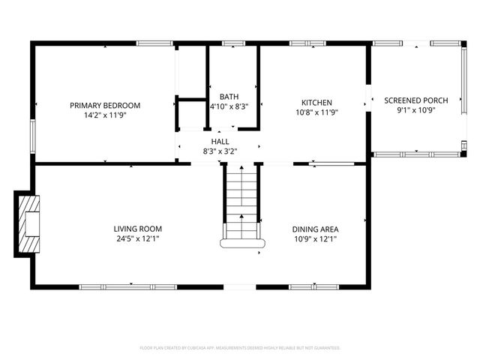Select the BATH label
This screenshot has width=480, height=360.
pyautogui.click(x=229, y=97)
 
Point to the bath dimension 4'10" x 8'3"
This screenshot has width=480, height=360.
pyautogui.click(x=229, y=106)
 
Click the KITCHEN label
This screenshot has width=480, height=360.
pyautogui.click(x=316, y=103)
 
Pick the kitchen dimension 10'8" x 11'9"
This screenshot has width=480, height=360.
pyautogui.click(x=316, y=113)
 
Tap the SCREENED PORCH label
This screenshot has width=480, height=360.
pyautogui.click(x=416, y=100)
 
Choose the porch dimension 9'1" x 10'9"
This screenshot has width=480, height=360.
pyautogui.click(x=416, y=110)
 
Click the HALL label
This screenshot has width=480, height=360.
pyautogui.click(x=220, y=141)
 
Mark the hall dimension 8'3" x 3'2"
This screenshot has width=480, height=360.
pyautogui.click(x=220, y=151)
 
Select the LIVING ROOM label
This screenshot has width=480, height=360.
pyautogui.click(x=138, y=229)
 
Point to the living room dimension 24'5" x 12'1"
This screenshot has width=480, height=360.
pyautogui.click(x=138, y=239)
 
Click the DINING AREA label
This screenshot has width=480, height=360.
pyautogui.click(x=316, y=229)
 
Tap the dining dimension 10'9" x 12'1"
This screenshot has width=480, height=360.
pyautogui.click(x=316, y=239)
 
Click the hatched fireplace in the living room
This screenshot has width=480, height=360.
pyautogui.click(x=30, y=223)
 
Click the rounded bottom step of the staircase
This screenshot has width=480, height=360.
pyautogui.click(x=241, y=243)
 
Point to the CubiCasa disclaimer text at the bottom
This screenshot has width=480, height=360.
pyautogui.click(x=240, y=348)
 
